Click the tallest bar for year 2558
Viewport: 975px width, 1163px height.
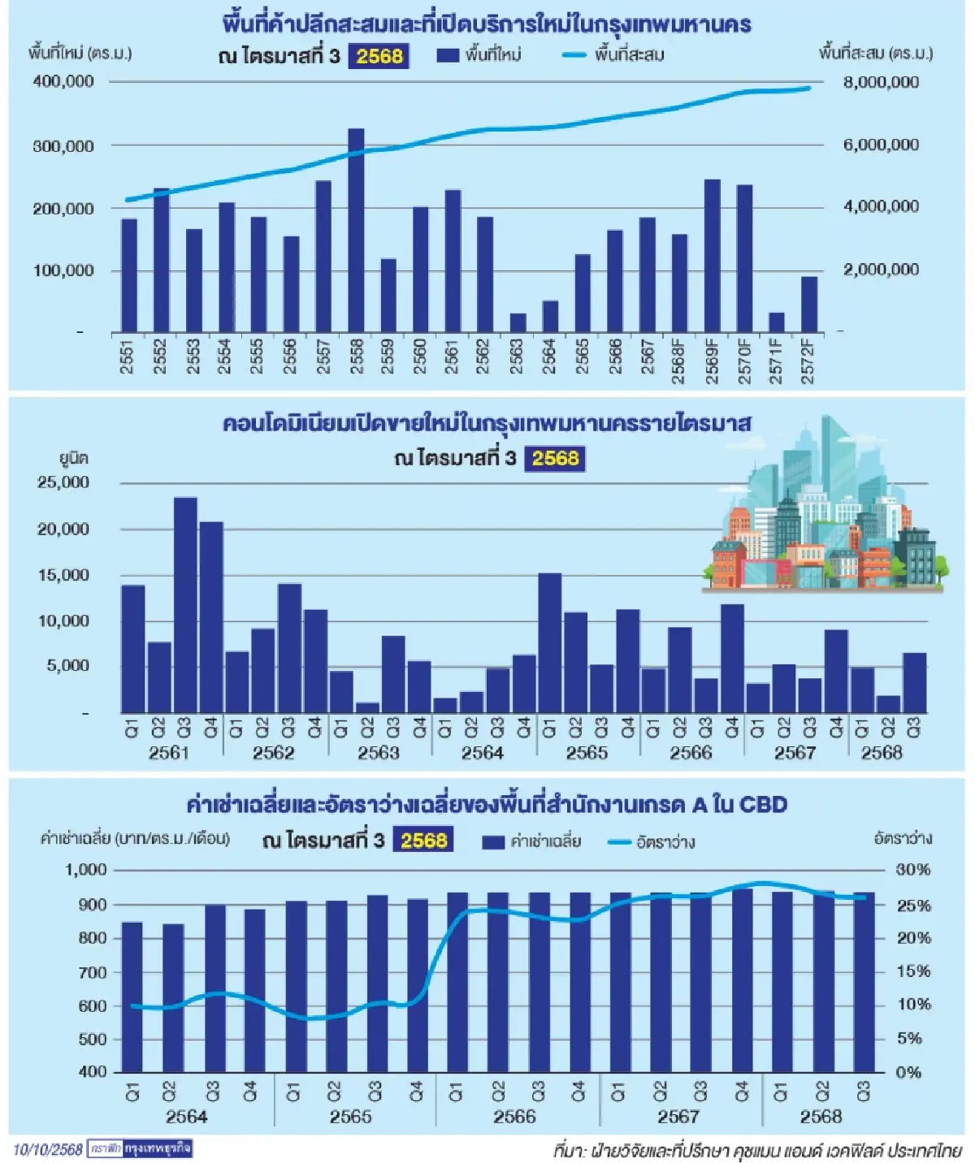356,231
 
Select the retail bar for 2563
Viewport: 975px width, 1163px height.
518,322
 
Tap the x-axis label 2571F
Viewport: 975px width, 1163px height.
777,361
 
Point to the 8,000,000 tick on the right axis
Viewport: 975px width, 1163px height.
881,82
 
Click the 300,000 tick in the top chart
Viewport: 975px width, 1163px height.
63,146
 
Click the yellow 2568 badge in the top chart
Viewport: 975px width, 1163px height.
379,56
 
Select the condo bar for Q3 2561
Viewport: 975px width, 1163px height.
185,605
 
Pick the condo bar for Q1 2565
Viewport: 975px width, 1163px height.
549,642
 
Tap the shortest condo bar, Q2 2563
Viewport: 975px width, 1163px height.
367,707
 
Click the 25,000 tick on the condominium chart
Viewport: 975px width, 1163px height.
63,482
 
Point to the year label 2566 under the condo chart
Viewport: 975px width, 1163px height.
691,753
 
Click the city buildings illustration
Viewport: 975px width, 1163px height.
822,512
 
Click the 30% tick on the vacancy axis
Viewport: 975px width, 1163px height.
913,870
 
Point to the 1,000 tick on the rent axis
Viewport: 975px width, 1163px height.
86,870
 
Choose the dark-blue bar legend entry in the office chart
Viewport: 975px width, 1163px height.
531,841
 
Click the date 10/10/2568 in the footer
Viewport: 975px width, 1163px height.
48,1149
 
